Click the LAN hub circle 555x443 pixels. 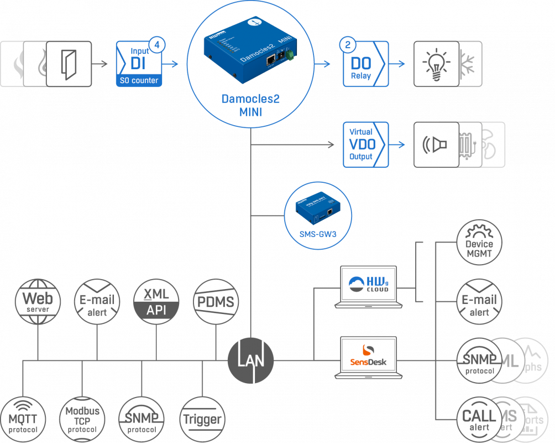pos(250,360)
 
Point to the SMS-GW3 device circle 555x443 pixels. pos(318,214)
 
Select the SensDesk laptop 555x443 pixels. pos(369,357)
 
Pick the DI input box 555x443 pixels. pos(139,64)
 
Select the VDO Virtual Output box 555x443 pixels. pos(362,145)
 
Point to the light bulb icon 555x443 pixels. pos(434,64)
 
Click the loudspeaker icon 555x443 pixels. pos(434,145)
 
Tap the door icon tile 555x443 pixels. pos(69,64)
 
